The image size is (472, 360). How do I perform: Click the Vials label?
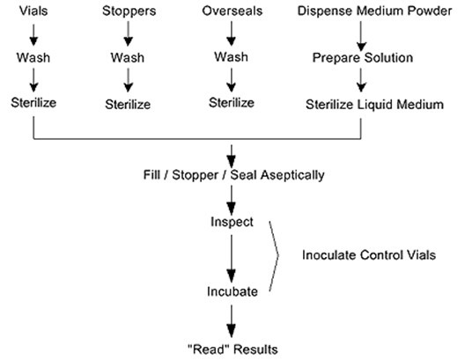pyautogui.click(x=33, y=11)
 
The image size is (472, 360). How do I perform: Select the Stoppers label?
pyautogui.click(x=129, y=11)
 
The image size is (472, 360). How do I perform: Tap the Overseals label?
pyautogui.click(x=232, y=11)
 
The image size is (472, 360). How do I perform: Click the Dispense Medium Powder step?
pyautogui.click(x=374, y=11)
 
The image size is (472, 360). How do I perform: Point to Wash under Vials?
pyautogui.click(x=33, y=57)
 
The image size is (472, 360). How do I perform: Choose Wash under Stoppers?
pyautogui.click(x=128, y=57)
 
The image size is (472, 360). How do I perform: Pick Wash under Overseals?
pyautogui.click(x=232, y=56)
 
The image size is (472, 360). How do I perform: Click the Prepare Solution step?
pyautogui.click(x=363, y=58)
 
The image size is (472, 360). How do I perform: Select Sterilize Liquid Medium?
pyautogui.click(x=375, y=105)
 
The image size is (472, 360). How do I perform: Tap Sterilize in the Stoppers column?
pyautogui.click(x=128, y=105)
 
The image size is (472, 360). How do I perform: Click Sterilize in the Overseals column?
pyautogui.click(x=232, y=103)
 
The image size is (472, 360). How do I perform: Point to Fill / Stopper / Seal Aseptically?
pyautogui.click(x=233, y=175)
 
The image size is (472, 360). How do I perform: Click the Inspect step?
pyautogui.click(x=232, y=222)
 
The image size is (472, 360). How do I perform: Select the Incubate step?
pyautogui.click(x=232, y=291)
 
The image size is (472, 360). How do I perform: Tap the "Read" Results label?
pyautogui.click(x=232, y=349)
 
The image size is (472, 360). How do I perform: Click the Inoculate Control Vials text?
pyautogui.click(x=369, y=255)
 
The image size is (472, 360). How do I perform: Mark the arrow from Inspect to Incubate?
pyautogui.click(x=232, y=259)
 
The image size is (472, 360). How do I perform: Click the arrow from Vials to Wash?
pyautogui.click(x=33, y=35)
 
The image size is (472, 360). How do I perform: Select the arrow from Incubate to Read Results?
pyautogui.click(x=232, y=321)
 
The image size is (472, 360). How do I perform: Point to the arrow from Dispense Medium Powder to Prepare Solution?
pyautogui.click(x=361, y=36)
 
